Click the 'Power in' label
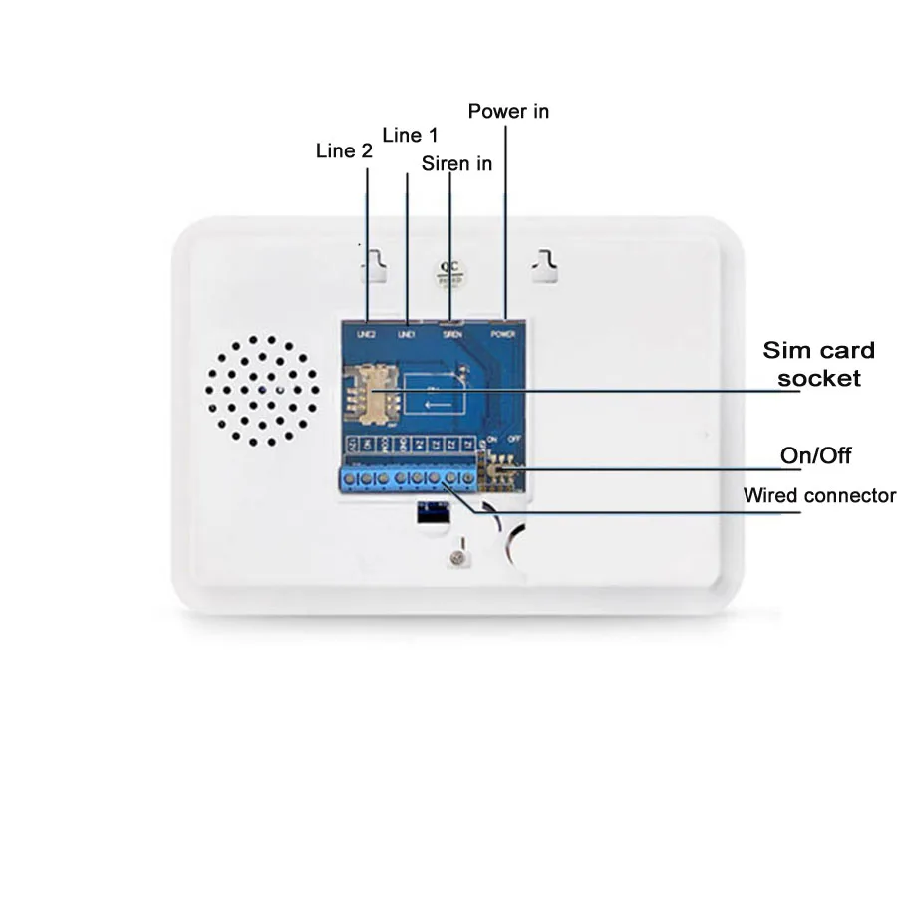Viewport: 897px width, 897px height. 508,111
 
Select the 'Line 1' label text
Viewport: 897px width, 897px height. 410,135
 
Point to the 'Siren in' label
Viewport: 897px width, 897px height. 456,163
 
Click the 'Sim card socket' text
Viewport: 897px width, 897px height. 818,364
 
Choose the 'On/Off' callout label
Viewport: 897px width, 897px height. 815,456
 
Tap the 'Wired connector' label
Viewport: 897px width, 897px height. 819,495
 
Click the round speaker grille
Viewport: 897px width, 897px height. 264,390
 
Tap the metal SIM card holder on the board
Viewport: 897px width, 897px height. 368,392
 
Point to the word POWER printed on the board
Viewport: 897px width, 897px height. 504,334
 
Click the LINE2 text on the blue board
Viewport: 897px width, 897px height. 364,334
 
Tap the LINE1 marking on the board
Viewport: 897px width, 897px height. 407,334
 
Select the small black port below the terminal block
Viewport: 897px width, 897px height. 431,512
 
